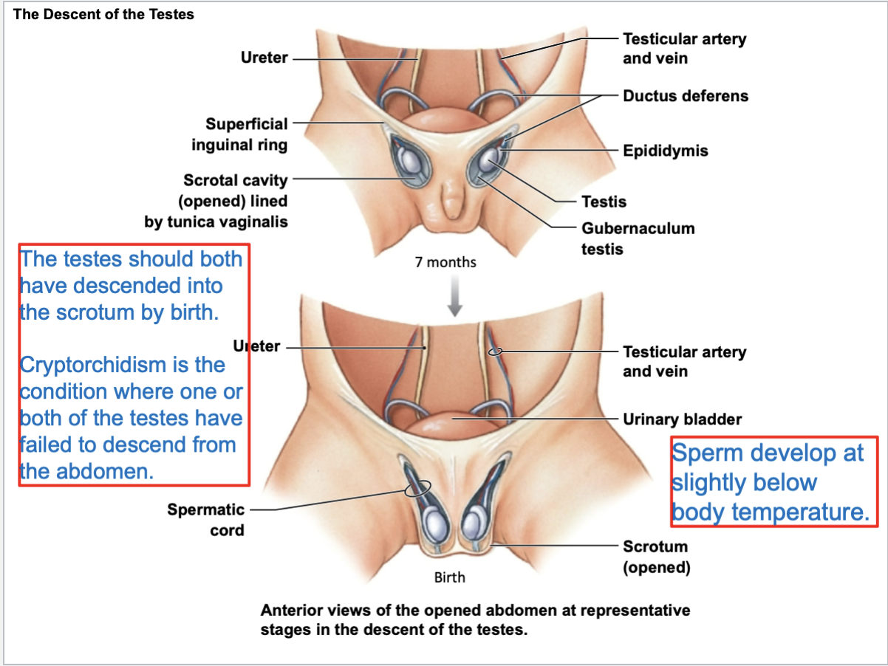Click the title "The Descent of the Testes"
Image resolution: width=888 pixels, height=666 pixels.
(103, 15)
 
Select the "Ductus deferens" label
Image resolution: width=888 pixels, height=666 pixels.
(685, 96)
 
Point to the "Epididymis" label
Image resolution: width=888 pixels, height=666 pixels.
(665, 151)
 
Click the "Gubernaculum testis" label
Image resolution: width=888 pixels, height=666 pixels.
(638, 238)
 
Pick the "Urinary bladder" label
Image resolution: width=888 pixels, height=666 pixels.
(682, 419)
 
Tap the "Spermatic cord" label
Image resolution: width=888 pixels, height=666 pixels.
(205, 519)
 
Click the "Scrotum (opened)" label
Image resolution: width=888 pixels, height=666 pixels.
(656, 557)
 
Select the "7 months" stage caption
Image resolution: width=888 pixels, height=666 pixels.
(445, 262)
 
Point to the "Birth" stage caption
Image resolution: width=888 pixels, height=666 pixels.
(449, 577)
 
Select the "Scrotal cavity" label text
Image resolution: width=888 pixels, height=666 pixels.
(236, 180)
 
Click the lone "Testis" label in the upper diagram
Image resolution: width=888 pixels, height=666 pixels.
(604, 202)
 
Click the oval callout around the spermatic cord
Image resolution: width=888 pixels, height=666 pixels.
(418, 487)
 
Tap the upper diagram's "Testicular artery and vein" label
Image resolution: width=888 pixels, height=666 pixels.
(684, 48)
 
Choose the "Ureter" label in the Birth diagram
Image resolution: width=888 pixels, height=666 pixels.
(256, 346)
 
